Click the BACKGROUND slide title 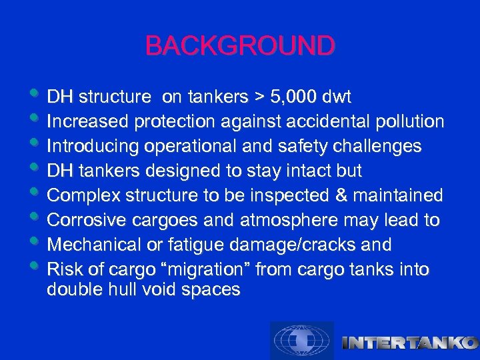[x=240, y=46]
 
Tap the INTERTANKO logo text [x=409, y=343]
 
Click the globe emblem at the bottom [x=301, y=341]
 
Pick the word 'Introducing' [x=87, y=147]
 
